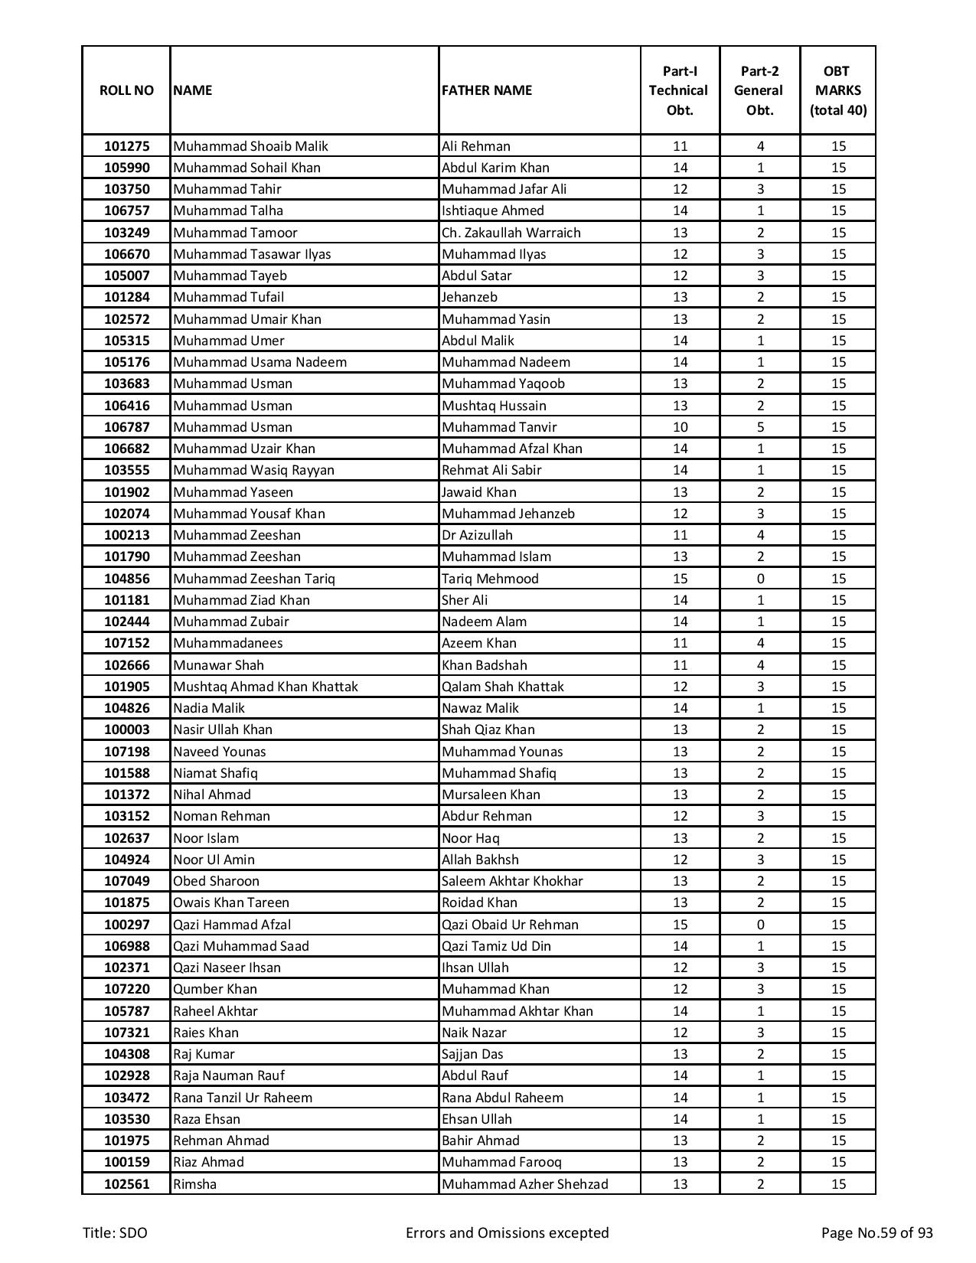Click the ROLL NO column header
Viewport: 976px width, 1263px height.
126,90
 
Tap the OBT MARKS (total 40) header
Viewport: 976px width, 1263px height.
837,90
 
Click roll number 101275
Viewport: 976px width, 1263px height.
126,146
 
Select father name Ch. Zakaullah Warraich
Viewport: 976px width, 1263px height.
511,233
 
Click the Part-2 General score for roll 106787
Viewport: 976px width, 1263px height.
759,427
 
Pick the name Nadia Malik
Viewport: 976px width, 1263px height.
209,708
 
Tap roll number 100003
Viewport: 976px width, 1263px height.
126,729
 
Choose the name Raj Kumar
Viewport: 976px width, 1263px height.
204,1054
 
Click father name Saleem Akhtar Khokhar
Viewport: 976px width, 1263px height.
512,881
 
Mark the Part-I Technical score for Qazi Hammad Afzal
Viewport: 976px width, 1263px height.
680,925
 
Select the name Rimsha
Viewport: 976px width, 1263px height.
195,1184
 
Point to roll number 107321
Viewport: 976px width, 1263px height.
126,1033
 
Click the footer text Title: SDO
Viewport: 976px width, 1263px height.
116,1232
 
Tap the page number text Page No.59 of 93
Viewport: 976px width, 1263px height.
876,1232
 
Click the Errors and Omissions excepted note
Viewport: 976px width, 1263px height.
507,1232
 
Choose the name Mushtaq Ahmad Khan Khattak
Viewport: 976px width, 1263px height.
266,687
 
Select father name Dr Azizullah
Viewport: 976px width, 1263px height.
477,535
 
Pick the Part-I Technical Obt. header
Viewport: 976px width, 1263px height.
680,90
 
